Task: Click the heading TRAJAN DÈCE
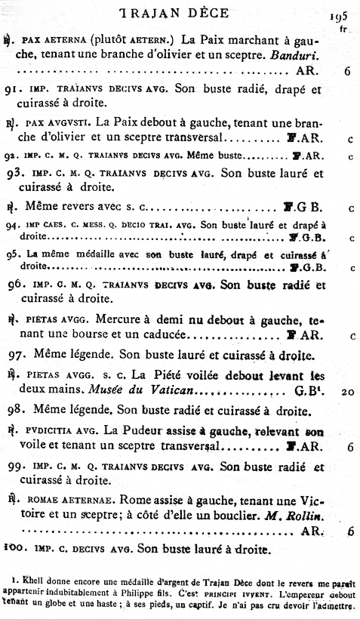point(180,14)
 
